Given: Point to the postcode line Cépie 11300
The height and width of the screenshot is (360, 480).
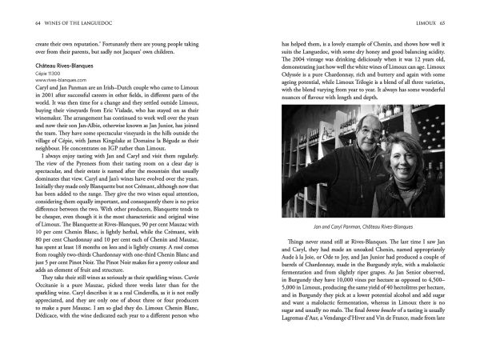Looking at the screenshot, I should pos(51,94).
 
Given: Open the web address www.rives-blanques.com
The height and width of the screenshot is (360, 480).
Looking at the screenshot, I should pos(66,102).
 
